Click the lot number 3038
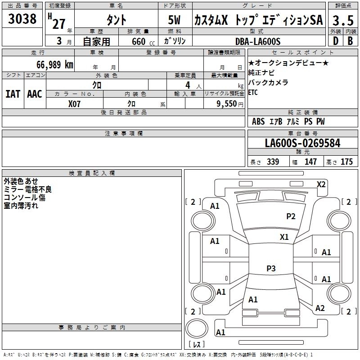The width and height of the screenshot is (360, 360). [x=22, y=19]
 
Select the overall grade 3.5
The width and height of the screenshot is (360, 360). [x=343, y=21]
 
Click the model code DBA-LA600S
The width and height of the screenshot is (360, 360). [x=258, y=41]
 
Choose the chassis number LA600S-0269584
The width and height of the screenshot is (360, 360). [x=302, y=143]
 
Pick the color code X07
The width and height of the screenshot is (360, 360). [x=75, y=104]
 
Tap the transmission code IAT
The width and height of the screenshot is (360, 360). [x=13, y=94]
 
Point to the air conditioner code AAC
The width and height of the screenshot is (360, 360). [x=35, y=94]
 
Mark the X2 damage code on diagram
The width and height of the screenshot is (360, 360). [x=321, y=184]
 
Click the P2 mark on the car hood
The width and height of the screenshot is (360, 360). [x=291, y=216]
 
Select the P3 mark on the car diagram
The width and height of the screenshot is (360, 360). [x=271, y=269]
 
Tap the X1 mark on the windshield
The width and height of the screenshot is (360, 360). [x=284, y=237]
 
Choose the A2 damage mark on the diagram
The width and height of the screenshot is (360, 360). [x=320, y=308]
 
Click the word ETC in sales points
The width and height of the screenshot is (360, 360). [x=254, y=92]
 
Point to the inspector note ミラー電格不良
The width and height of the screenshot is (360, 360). [x=28, y=189]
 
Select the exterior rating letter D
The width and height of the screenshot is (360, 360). [x=335, y=41]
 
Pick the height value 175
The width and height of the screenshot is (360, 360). [x=346, y=162]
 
